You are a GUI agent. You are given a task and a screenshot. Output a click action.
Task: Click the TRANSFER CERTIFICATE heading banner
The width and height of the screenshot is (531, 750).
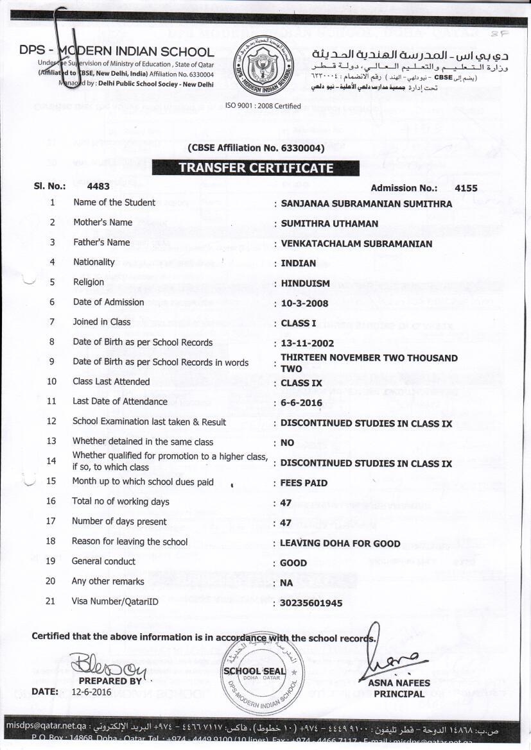coord(256,168)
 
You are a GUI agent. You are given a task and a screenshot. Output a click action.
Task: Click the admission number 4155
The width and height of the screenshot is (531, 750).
coord(466,188)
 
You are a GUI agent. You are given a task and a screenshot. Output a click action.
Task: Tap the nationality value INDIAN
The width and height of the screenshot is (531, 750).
coord(299,263)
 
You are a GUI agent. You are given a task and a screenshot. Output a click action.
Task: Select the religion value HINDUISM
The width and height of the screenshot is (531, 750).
coord(305,283)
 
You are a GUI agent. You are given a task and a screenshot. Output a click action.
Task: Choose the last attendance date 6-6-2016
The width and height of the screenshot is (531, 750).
coord(302,403)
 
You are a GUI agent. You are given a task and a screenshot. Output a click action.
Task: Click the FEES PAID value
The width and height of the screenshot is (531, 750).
coord(304,482)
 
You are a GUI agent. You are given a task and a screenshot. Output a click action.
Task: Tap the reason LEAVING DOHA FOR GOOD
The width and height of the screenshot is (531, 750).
coord(340,543)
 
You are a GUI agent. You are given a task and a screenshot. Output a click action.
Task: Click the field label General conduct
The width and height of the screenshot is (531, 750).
coord(104,561)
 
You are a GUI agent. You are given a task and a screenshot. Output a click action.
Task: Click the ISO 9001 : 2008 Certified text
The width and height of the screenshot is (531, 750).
coord(263,105)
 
